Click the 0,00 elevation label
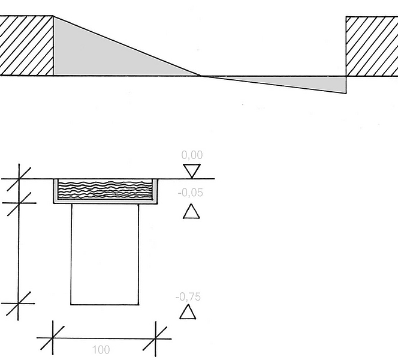(x=192, y=155)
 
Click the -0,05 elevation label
(x=191, y=193)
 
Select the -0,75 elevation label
(x=188, y=297)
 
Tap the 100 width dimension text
(x=101, y=350)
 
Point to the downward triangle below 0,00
(x=192, y=171)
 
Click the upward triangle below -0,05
(x=191, y=211)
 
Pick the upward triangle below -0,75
(x=188, y=312)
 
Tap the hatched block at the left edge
(x=26, y=46)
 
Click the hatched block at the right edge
(x=372, y=46)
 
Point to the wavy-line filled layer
(x=105, y=190)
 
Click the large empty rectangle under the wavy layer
(x=105, y=254)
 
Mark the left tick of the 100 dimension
(x=53, y=338)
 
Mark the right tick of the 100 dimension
(x=155, y=338)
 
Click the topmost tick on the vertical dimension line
(x=19, y=179)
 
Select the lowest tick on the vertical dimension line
(x=18, y=304)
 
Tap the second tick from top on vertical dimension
(x=19, y=203)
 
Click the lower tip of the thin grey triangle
(x=346, y=93)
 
